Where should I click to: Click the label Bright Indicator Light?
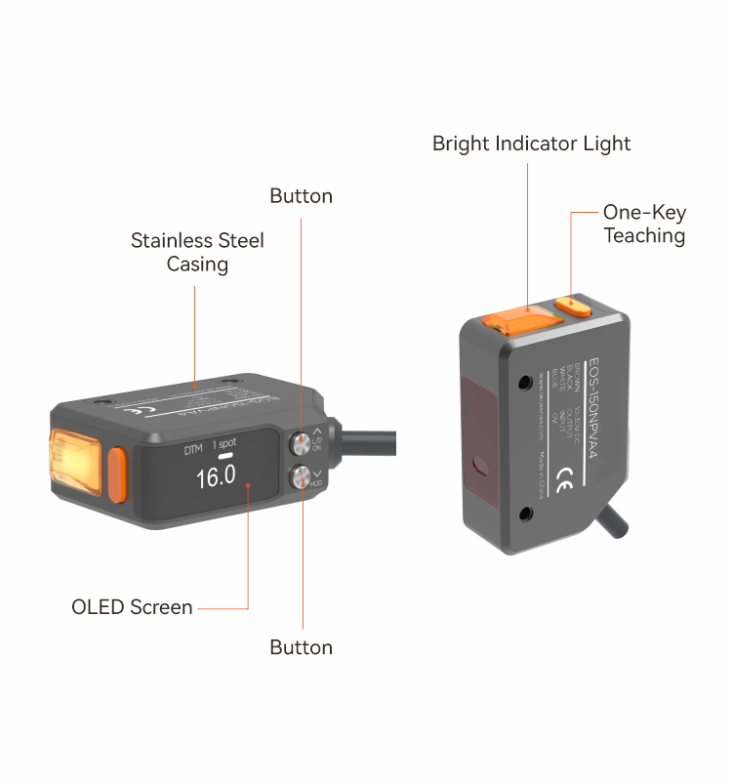[x=531, y=144]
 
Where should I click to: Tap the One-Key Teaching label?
[x=644, y=224]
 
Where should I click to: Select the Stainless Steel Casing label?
[x=197, y=252]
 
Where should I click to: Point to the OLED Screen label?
[x=132, y=607]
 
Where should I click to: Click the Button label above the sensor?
[x=301, y=196]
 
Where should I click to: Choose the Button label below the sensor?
[x=301, y=647]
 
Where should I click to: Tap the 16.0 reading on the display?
[x=216, y=477]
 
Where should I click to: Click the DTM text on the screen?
[x=194, y=451]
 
